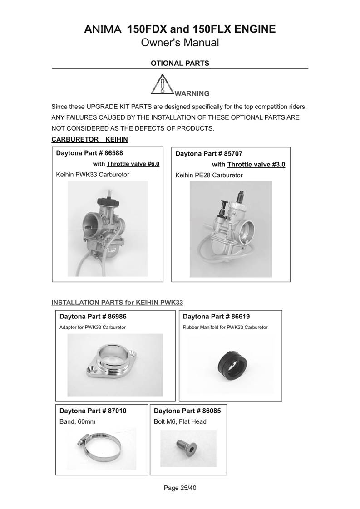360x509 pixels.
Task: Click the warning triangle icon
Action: click(x=162, y=84)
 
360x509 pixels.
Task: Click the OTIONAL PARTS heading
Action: click(x=180, y=64)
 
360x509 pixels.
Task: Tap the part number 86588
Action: click(x=114, y=153)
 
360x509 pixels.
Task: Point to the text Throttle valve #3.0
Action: click(x=256, y=165)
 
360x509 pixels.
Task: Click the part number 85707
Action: click(x=233, y=154)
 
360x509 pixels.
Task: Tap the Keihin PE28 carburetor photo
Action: click(x=230, y=229)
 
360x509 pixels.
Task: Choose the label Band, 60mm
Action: click(x=78, y=421)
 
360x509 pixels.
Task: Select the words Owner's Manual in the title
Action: click(x=180, y=43)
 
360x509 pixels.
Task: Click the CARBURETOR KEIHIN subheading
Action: click(x=90, y=139)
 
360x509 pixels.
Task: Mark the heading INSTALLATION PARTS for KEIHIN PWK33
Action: click(x=117, y=302)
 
